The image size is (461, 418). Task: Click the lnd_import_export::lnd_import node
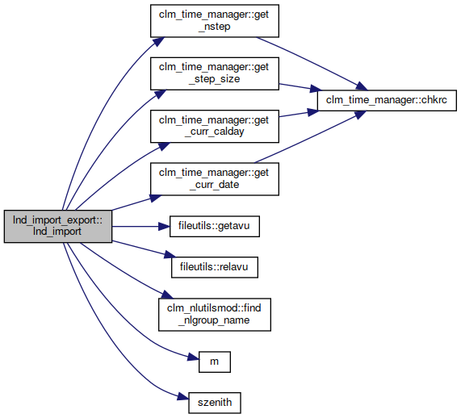(x=58, y=226)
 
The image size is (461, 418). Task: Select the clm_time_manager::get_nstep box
(x=215, y=21)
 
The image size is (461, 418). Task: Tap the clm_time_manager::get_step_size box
(x=215, y=73)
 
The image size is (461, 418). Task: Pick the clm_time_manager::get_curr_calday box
(x=215, y=126)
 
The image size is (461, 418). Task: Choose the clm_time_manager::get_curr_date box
(x=215, y=178)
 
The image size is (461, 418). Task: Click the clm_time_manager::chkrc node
(x=387, y=100)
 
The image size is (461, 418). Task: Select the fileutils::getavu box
(x=215, y=226)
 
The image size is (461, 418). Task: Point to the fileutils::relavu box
(x=215, y=267)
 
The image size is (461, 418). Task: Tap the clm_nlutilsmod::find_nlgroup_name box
(x=215, y=315)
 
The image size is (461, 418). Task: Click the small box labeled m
(x=215, y=362)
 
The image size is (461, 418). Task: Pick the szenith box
(x=215, y=403)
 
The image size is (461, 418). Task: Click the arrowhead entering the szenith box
(x=183, y=397)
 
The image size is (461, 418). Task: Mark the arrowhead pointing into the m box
(x=194, y=357)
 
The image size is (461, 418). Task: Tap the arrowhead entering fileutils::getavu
(x=165, y=226)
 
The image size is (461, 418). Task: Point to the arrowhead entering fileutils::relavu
(x=170, y=255)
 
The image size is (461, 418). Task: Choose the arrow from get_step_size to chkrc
(x=300, y=87)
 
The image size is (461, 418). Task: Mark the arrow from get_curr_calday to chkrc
(x=299, y=114)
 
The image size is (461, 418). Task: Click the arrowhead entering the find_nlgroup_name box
(x=168, y=295)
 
